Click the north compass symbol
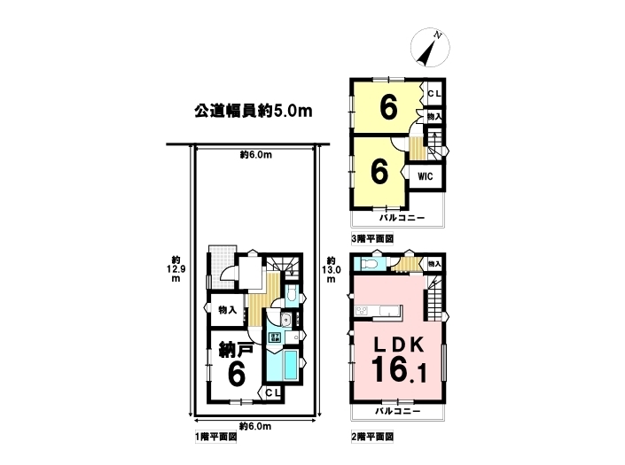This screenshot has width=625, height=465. click(430, 47)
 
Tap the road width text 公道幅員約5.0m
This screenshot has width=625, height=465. click(254, 111)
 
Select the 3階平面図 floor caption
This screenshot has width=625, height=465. click(372, 239)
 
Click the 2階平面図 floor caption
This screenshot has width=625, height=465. click(372, 437)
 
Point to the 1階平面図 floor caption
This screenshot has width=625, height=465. click(215, 438)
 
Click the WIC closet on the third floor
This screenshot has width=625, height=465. click(425, 176)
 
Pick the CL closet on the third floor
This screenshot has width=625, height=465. click(434, 94)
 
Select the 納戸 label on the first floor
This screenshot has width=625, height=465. click(236, 351)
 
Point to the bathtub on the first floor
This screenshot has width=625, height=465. click(290, 364)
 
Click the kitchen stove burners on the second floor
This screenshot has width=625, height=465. click(363, 310)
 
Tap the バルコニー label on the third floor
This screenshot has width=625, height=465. click(402, 218)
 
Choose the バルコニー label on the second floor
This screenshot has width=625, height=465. click(398, 411)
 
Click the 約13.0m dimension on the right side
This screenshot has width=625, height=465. click(332, 269)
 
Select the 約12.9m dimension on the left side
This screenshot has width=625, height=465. click(176, 268)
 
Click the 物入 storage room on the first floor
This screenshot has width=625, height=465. click(227, 310)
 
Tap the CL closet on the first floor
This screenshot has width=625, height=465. click(273, 393)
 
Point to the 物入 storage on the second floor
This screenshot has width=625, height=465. click(434, 264)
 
